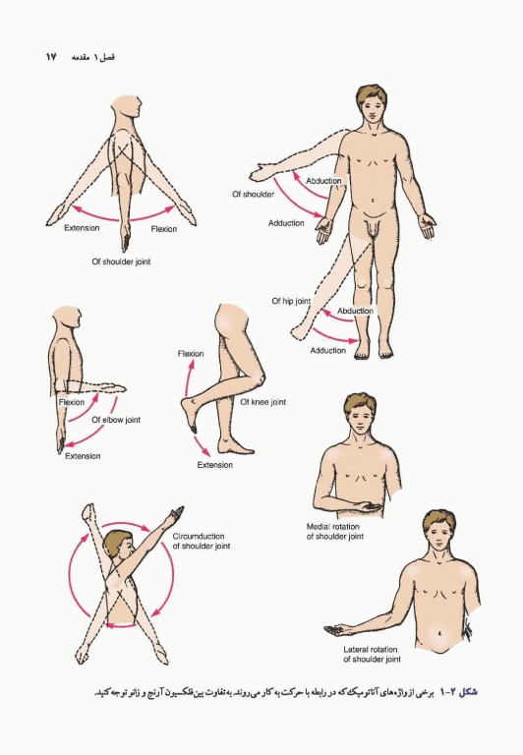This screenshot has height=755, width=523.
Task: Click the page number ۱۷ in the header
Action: [x=51, y=57]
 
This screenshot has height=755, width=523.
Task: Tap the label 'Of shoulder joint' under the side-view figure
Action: [x=121, y=261]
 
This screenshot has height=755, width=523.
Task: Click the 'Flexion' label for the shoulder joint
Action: [x=164, y=229]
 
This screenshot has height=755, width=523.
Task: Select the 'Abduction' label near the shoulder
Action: [x=323, y=181]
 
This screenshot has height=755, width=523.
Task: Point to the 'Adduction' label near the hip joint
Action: [x=328, y=351]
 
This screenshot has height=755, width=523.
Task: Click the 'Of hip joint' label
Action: [x=291, y=301]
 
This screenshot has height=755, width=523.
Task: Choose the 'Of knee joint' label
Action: [x=262, y=402]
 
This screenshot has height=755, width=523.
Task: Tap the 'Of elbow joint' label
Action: [x=116, y=420]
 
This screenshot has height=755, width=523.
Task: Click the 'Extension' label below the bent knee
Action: [x=214, y=465]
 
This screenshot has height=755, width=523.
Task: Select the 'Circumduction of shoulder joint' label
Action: [x=202, y=542]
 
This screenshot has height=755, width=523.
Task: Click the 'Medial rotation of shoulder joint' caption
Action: [x=334, y=532]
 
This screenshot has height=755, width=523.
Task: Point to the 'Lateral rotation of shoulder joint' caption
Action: [x=372, y=655]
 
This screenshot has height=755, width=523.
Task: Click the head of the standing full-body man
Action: [x=372, y=103]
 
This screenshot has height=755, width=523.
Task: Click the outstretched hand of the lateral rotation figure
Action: [x=336, y=629]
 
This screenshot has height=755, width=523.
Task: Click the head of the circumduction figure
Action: [x=119, y=548]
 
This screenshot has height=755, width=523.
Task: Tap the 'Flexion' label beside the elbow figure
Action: [x=72, y=402]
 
